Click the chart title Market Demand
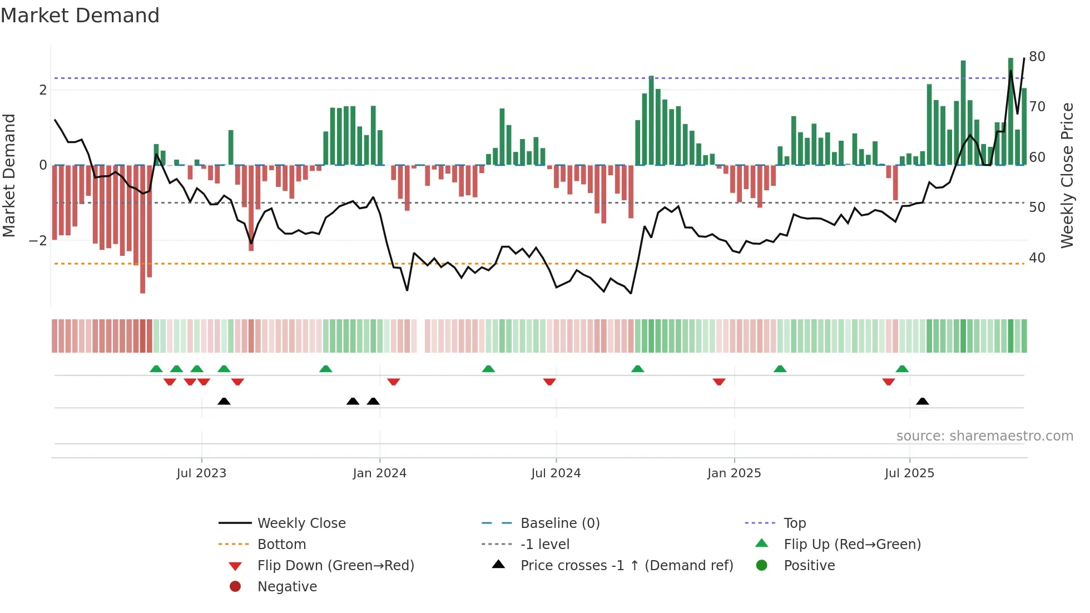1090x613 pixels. pyautogui.click(x=80, y=16)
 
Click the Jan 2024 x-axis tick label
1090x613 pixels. pyautogui.click(x=379, y=473)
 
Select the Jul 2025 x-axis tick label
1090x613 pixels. pyautogui.click(x=909, y=473)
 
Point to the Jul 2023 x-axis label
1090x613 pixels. pyautogui.click(x=201, y=473)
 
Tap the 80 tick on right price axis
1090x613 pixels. pyautogui.click(x=1037, y=57)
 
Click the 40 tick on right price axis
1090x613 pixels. pyautogui.click(x=1037, y=258)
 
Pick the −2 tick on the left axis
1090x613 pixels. pyautogui.click(x=38, y=241)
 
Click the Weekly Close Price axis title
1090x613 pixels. pyautogui.click(x=1067, y=175)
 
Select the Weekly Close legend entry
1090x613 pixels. pyautogui.click(x=301, y=523)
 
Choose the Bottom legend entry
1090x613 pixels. pyautogui.click(x=281, y=545)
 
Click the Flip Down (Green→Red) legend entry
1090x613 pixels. pyautogui.click(x=335, y=566)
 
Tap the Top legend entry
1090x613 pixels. pyautogui.click(x=794, y=523)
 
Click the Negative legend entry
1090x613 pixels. pyautogui.click(x=287, y=587)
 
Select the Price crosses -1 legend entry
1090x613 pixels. pyautogui.click(x=626, y=566)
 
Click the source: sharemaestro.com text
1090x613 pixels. pyautogui.click(x=984, y=436)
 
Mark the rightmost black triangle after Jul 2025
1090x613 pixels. pyautogui.click(x=922, y=402)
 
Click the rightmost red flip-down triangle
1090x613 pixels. pyautogui.click(x=888, y=382)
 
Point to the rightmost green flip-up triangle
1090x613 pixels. pyautogui.click(x=902, y=369)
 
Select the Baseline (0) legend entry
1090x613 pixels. pyautogui.click(x=559, y=523)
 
